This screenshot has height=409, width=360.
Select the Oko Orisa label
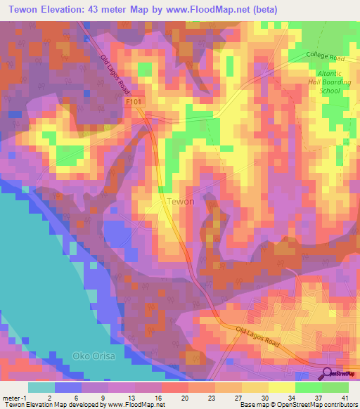coord(92,356)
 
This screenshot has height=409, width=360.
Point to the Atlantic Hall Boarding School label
coord(328,82)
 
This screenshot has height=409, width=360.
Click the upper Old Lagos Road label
coord(116,74)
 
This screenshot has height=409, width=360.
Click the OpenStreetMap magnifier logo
coord(328,373)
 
